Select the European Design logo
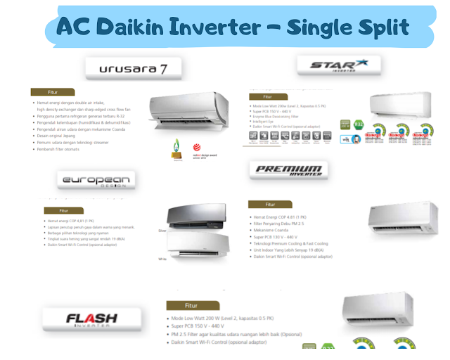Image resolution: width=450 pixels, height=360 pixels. [x=96, y=181]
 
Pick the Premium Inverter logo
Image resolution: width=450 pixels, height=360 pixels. [x=287, y=169]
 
